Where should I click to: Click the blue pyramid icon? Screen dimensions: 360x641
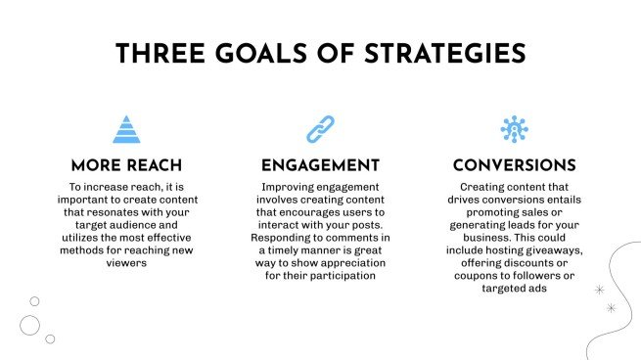tap(125, 129)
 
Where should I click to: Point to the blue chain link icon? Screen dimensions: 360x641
tap(320, 129)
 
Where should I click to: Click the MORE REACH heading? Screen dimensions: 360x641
tap(125, 166)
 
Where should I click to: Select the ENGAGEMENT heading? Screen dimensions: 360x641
tap(320, 166)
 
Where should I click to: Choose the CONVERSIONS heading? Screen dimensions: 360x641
tap(515, 166)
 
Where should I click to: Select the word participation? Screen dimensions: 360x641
tap(347, 276)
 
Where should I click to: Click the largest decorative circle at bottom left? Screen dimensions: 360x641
tap(29, 325)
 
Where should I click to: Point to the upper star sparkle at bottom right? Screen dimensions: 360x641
tap(599, 291)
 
